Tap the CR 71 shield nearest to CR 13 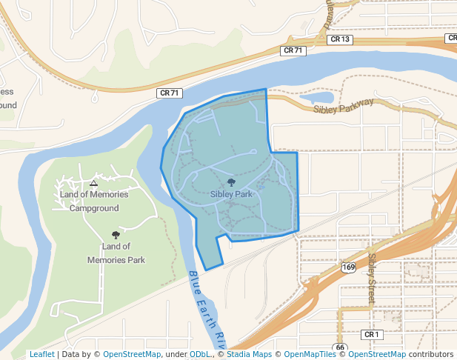pyautogui.click(x=293, y=50)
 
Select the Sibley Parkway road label pyautogui.click(x=344, y=110)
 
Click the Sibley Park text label pyautogui.click(x=231, y=194)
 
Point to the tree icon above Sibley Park pyautogui.click(x=232, y=181)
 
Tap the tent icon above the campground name pyautogui.click(x=93, y=182)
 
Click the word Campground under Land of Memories pyautogui.click(x=94, y=208)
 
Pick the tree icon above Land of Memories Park pyautogui.click(x=115, y=234)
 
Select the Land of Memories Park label pyautogui.click(x=116, y=253)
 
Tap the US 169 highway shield pyautogui.click(x=349, y=267)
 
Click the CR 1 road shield pyautogui.click(x=371, y=335)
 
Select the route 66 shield pyautogui.click(x=340, y=347)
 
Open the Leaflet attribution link pyautogui.click(x=41, y=354)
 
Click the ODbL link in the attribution pyautogui.click(x=199, y=354)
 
